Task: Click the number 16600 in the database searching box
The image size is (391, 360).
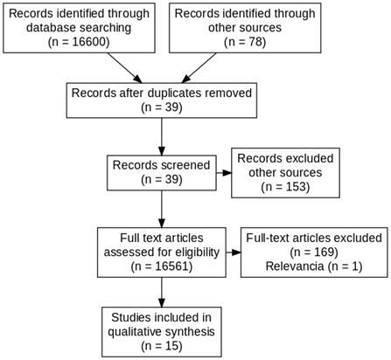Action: click(x=88, y=42)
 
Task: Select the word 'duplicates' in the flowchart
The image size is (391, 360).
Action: click(x=174, y=93)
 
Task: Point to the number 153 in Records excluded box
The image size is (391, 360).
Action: click(x=295, y=187)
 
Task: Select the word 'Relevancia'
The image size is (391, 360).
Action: click(x=295, y=267)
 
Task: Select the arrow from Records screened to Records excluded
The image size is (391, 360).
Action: click(x=224, y=173)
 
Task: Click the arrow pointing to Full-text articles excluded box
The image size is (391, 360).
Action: click(x=234, y=253)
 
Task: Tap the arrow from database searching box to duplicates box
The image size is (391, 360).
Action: click(x=124, y=68)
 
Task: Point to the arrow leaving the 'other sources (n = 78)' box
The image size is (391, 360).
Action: click(x=199, y=68)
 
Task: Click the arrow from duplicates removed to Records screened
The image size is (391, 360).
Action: click(x=162, y=136)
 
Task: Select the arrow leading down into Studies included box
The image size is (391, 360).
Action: click(x=162, y=292)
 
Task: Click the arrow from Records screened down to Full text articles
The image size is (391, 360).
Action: click(x=162, y=209)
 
